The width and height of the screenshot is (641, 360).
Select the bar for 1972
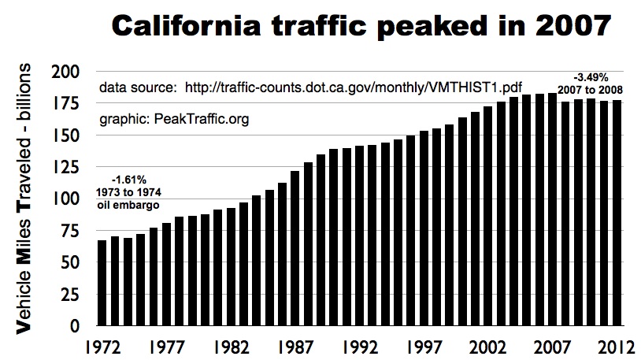pyautogui.click(x=102, y=283)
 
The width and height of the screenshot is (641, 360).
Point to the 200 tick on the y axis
pyautogui.click(x=70, y=72)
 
